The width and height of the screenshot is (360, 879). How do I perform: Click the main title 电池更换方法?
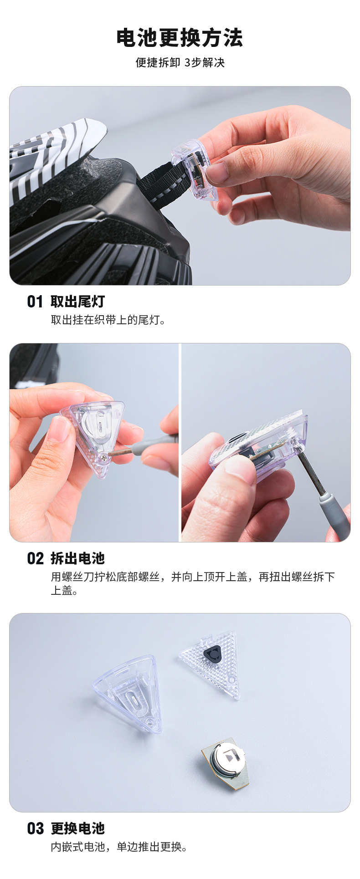pyautogui.click(x=180, y=38)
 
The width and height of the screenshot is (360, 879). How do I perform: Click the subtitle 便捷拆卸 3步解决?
pyautogui.click(x=180, y=62)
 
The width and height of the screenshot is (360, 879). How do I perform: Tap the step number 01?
pyautogui.click(x=35, y=302)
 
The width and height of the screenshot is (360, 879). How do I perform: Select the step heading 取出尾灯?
pyautogui.click(x=78, y=302)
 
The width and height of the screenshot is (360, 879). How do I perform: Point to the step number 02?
pyautogui.click(x=35, y=558)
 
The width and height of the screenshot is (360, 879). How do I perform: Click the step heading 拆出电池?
pyautogui.click(x=78, y=558)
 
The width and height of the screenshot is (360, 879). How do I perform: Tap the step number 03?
pyautogui.click(x=35, y=828)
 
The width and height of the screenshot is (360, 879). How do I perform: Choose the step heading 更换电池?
pyautogui.click(x=78, y=828)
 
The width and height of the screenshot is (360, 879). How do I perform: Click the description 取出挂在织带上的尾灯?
pyautogui.click(x=108, y=320)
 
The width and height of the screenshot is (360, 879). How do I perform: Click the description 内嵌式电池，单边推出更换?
pyautogui.click(x=119, y=847)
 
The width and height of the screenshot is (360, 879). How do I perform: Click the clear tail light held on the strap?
pyautogui.click(x=194, y=169)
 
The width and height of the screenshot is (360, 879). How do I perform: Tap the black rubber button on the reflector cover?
pyautogui.click(x=212, y=654)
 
